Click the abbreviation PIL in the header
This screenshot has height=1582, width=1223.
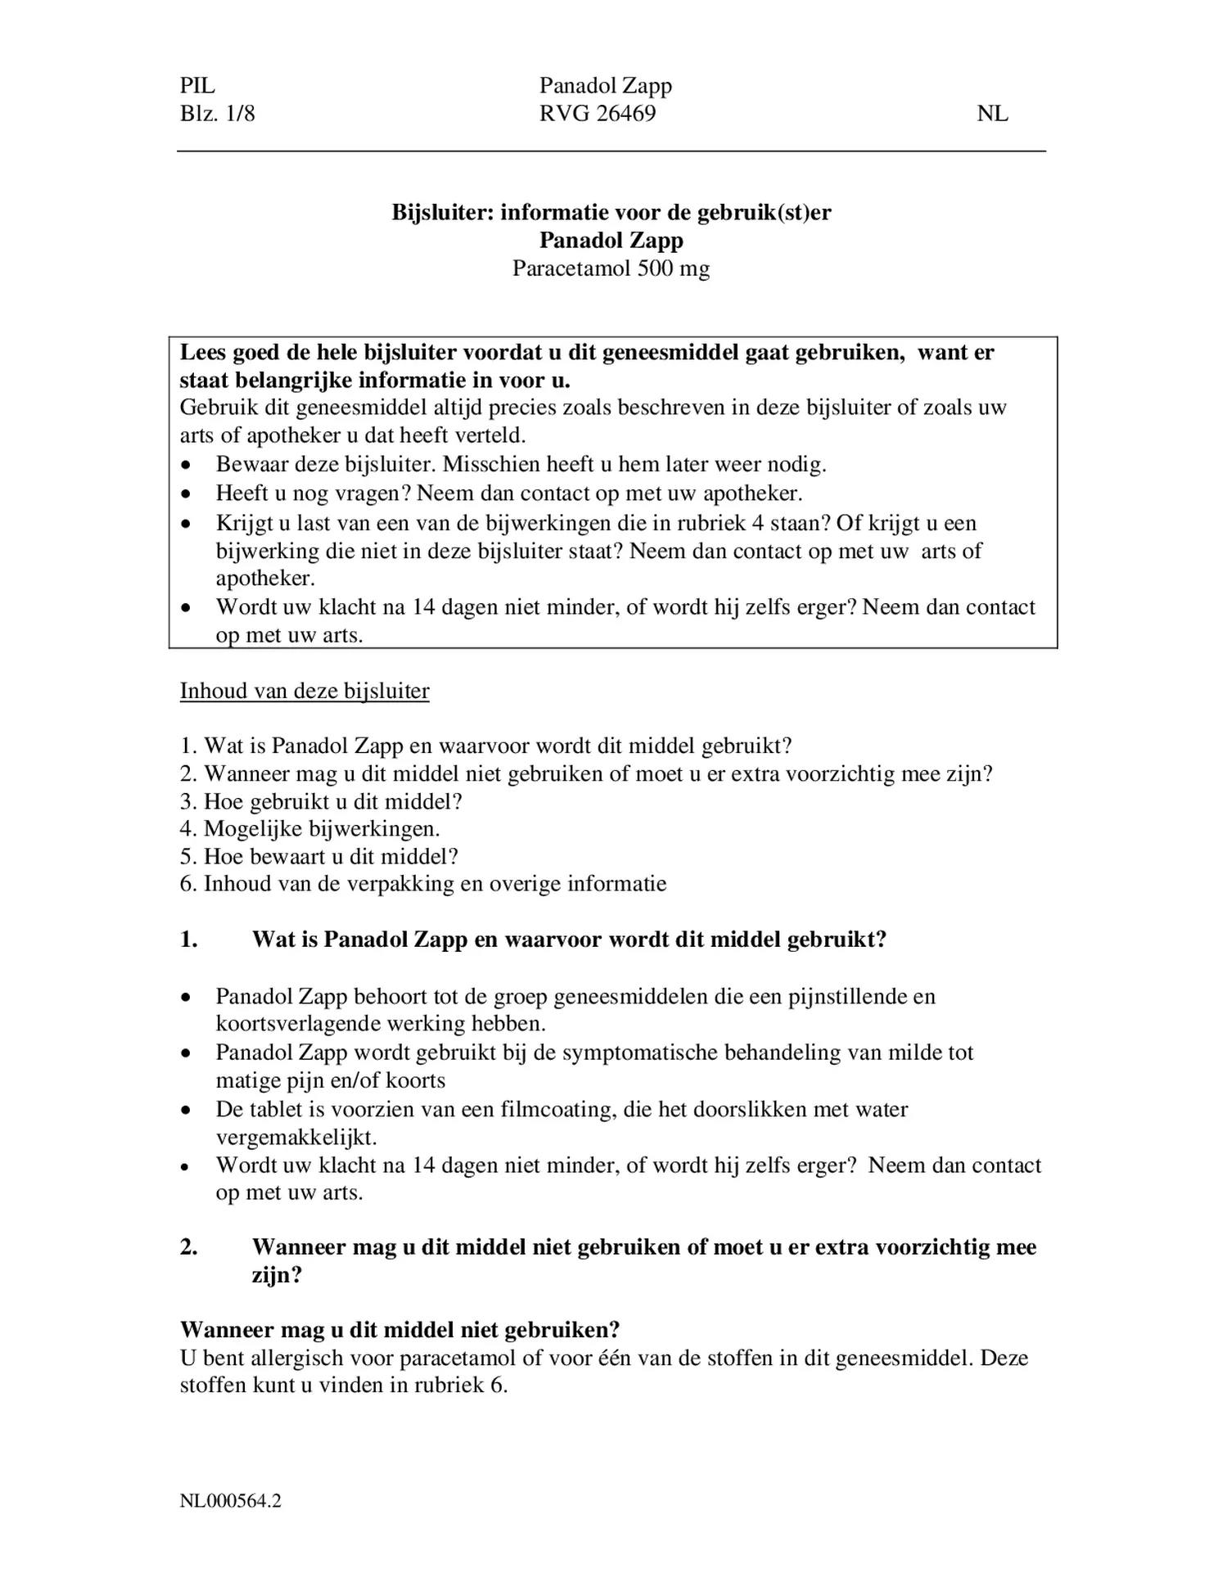click(x=197, y=85)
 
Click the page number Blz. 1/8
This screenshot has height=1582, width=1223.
click(x=217, y=113)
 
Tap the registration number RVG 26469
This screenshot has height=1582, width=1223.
click(x=597, y=113)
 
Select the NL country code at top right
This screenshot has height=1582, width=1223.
click(x=992, y=114)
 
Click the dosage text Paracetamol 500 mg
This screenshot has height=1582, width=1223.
click(x=611, y=268)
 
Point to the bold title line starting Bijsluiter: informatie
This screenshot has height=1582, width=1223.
click(x=611, y=213)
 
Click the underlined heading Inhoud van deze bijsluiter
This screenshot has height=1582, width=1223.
click(x=305, y=691)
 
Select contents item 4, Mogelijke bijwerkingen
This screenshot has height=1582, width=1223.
click(x=310, y=828)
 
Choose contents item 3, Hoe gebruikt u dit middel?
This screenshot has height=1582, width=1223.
click(x=321, y=801)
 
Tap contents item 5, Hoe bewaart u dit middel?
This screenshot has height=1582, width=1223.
click(x=319, y=856)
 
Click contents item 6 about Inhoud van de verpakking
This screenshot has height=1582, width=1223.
click(x=423, y=884)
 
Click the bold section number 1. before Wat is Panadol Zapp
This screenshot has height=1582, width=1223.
click(x=189, y=939)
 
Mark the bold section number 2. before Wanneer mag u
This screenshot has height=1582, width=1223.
click(x=189, y=1246)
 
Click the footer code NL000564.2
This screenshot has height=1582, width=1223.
click(x=231, y=1501)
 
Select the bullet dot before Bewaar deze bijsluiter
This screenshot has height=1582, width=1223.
click(x=187, y=465)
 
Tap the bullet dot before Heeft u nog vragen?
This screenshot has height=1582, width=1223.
click(x=187, y=494)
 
